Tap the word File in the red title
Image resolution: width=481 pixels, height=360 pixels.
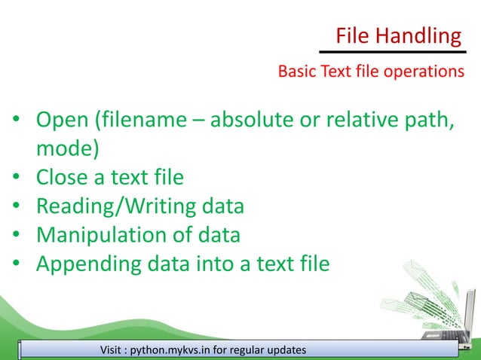[352, 35]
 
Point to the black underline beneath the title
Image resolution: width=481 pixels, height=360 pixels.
[391, 52]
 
